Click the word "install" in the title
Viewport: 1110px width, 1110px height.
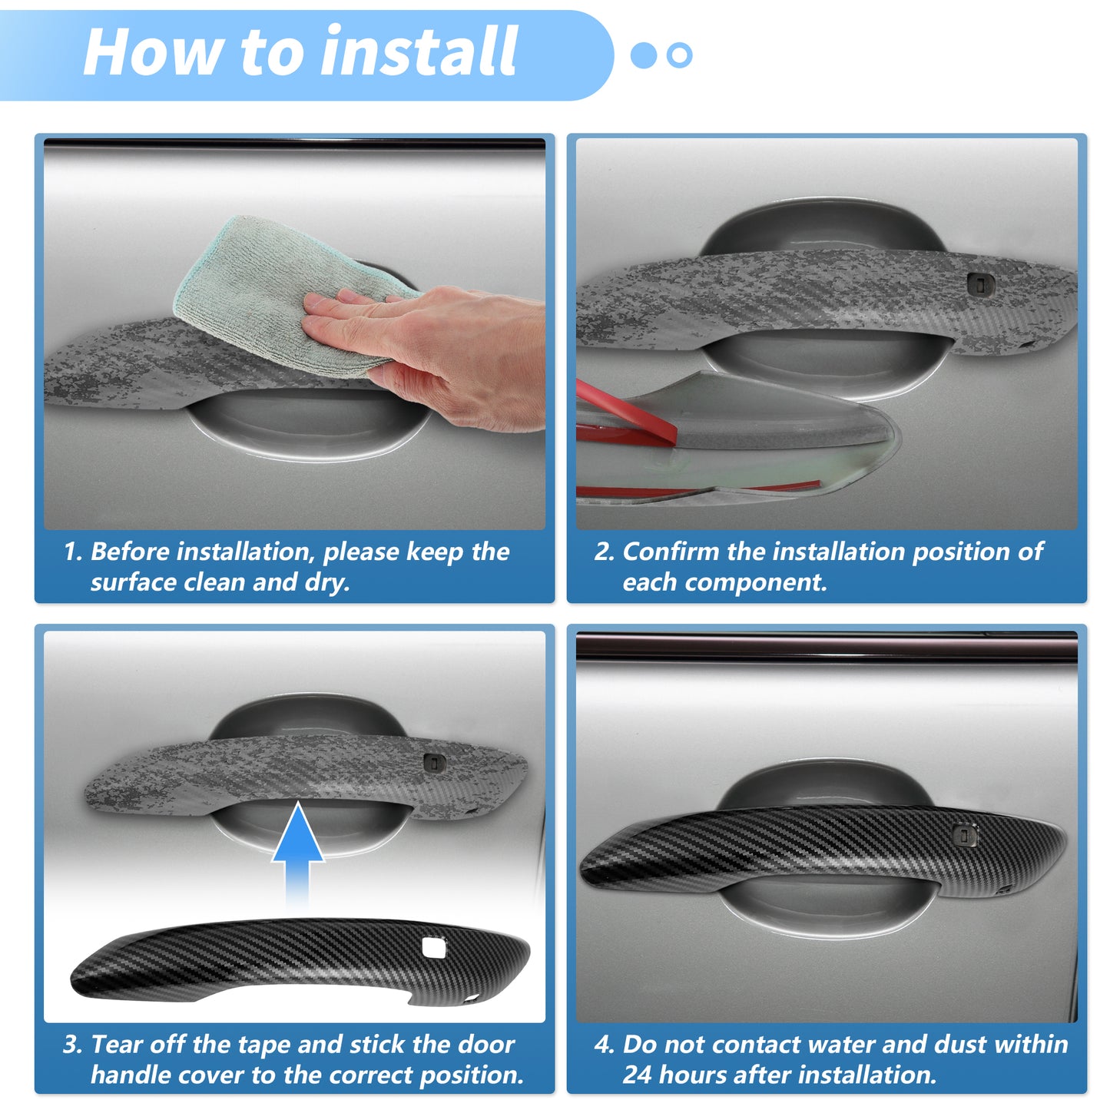(x=419, y=51)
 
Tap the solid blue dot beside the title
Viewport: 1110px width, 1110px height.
(x=644, y=55)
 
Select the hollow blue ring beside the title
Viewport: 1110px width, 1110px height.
(x=680, y=55)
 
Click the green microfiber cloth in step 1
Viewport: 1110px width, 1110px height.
(x=288, y=293)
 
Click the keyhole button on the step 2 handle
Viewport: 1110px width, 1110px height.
(x=980, y=284)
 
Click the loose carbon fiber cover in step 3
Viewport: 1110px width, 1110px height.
(x=300, y=962)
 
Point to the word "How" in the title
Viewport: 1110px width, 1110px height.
(x=152, y=51)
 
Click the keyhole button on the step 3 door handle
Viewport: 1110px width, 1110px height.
(x=434, y=764)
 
